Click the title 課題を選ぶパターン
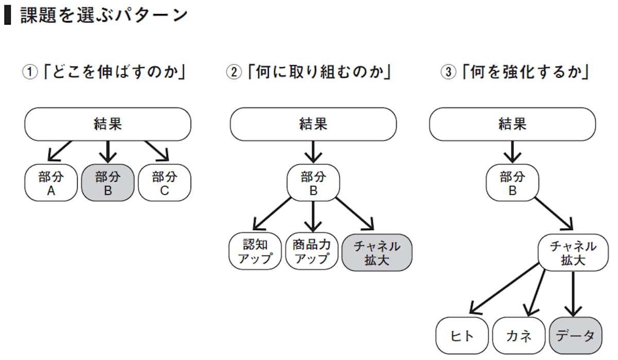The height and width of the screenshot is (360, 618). point(103,15)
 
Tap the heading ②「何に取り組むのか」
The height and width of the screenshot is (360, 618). point(309,72)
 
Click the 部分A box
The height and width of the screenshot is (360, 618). point(50,184)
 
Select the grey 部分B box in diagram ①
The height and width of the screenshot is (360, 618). point(108,184)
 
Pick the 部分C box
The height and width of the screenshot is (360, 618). point(164,184)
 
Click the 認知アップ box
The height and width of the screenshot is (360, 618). point(255,251)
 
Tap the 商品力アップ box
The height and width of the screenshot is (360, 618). point(312,251)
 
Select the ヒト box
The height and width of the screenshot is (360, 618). point(461,336)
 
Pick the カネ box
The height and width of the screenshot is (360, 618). point(519,336)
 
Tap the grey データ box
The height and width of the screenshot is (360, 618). point(575,336)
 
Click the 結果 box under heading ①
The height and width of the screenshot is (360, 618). point(108,124)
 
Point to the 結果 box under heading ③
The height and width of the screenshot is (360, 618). point(512,124)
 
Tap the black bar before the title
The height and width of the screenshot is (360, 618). point(7,15)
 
